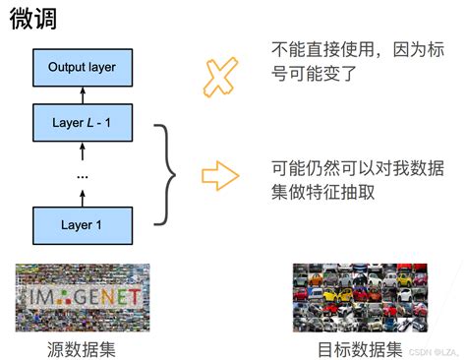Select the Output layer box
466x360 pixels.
pyautogui.click(x=83, y=68)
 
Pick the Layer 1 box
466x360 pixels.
pyautogui.click(x=83, y=225)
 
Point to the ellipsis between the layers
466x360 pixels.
pyautogui.click(x=83, y=174)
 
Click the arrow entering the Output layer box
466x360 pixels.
pyautogui.click(x=83, y=94)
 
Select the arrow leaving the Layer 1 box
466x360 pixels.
pyautogui.click(x=83, y=197)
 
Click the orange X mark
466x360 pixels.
pyautogui.click(x=221, y=76)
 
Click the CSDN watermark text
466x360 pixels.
pyautogui.click(x=433, y=351)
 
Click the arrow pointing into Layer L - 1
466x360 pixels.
pyautogui.click(x=83, y=150)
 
